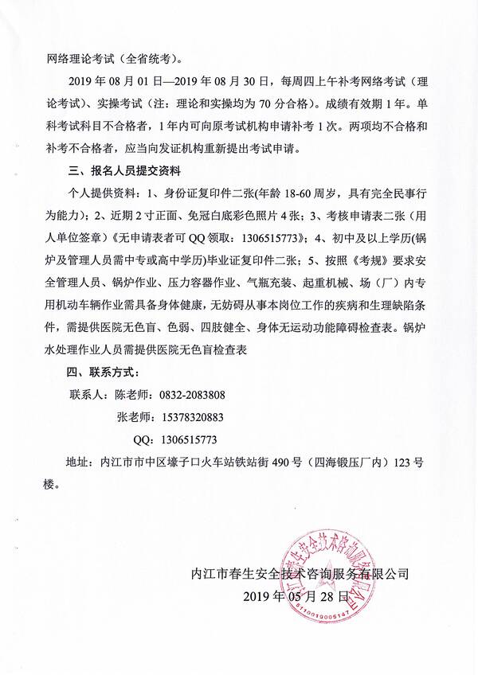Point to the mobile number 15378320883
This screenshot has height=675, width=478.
[191, 416]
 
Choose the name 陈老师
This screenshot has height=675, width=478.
[132, 393]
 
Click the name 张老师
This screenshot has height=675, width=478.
[132, 416]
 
